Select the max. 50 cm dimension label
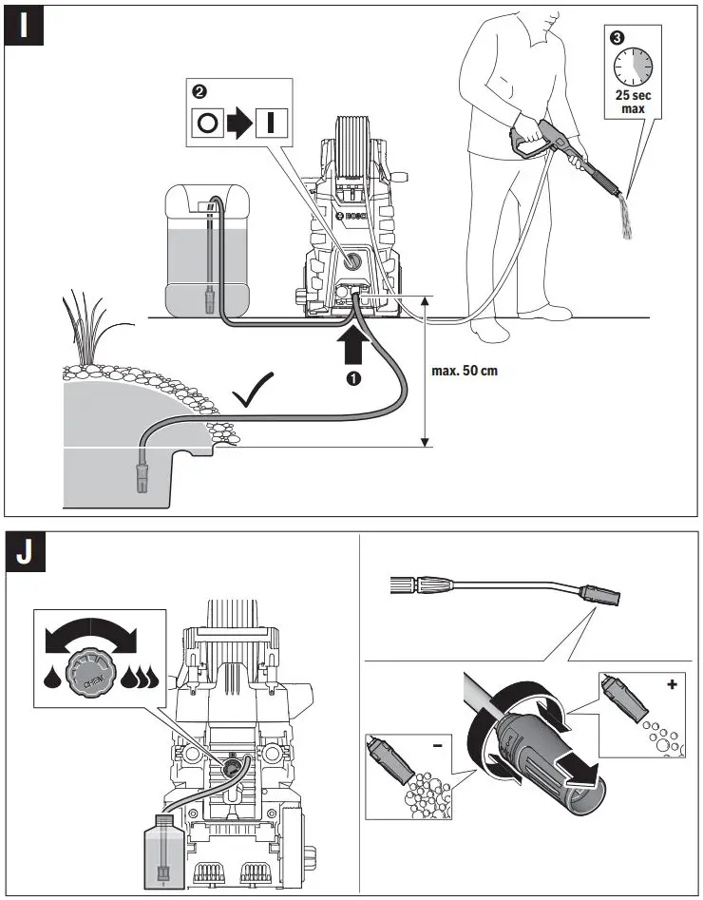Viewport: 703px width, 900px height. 465,371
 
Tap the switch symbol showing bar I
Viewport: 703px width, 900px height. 271,124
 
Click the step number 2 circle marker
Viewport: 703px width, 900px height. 199,92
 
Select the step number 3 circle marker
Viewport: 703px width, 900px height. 617,39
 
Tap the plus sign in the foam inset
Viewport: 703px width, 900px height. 673,684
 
